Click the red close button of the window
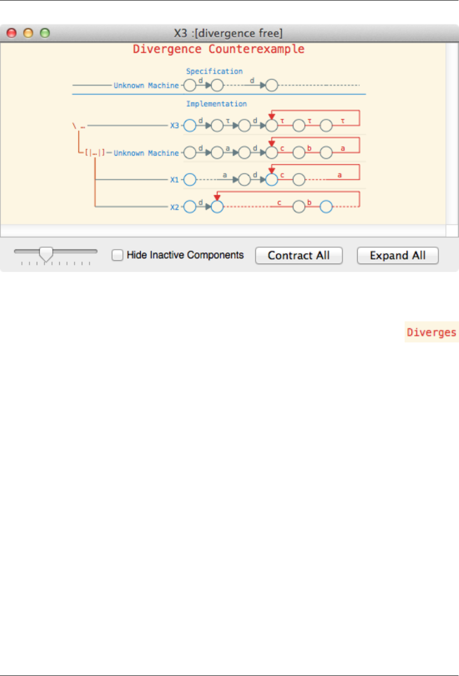[x=11, y=33]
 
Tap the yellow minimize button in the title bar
[x=28, y=33]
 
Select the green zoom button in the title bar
[x=45, y=33]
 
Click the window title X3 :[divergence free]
[x=228, y=33]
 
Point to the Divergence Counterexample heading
[x=218, y=49]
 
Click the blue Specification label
[x=214, y=71]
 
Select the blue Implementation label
[x=216, y=104]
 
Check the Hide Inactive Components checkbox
[x=118, y=255]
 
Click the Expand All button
[x=397, y=255]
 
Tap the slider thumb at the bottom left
[x=46, y=253]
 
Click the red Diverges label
[x=431, y=332]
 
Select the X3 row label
[x=174, y=126]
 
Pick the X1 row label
[x=174, y=180]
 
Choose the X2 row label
[x=174, y=207]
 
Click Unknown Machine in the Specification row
[x=146, y=86]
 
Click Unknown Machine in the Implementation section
[x=146, y=153]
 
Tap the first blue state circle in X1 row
[x=190, y=180]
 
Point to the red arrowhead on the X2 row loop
[x=217, y=198]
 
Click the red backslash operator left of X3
[x=74, y=126]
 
